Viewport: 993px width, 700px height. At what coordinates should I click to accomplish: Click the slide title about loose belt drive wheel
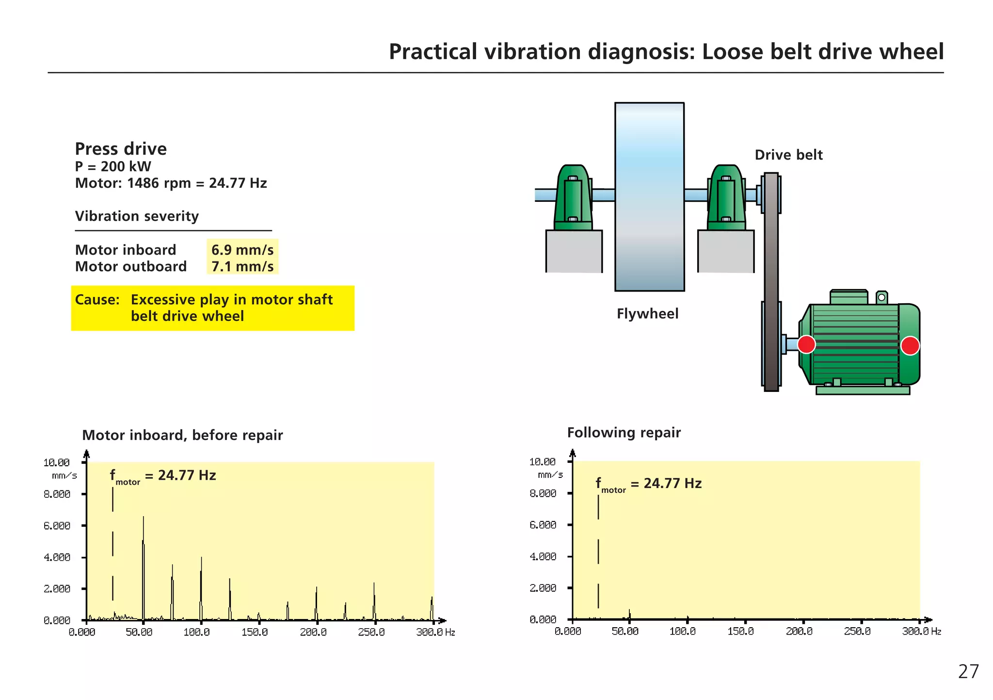tap(666, 52)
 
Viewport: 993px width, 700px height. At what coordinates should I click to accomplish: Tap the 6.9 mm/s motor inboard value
tap(242, 250)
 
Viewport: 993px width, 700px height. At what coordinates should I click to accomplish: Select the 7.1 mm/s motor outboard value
tap(242, 266)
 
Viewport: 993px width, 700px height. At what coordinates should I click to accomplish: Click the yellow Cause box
tap(212, 308)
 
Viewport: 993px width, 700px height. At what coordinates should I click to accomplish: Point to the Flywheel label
tap(647, 314)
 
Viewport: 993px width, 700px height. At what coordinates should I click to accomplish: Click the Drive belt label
tap(788, 155)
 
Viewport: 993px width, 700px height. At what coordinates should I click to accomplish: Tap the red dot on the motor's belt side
tap(806, 344)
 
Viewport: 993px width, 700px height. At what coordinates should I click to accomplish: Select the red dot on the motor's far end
tap(910, 345)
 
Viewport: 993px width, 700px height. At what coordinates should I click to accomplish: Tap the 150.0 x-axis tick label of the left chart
tap(255, 632)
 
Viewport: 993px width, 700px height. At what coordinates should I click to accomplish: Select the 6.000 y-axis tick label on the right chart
tap(543, 525)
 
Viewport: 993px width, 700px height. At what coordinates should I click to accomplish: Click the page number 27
tap(968, 672)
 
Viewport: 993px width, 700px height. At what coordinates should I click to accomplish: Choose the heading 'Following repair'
tap(624, 432)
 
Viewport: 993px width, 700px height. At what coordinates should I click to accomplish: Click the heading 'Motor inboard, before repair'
tap(182, 435)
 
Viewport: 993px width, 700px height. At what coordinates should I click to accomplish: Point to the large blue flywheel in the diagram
tap(649, 196)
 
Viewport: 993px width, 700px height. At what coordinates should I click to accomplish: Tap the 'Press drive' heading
tap(121, 149)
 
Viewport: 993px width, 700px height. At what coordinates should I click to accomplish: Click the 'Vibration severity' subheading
tap(137, 216)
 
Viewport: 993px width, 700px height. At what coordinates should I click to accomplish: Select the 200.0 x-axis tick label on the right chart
tap(799, 631)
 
